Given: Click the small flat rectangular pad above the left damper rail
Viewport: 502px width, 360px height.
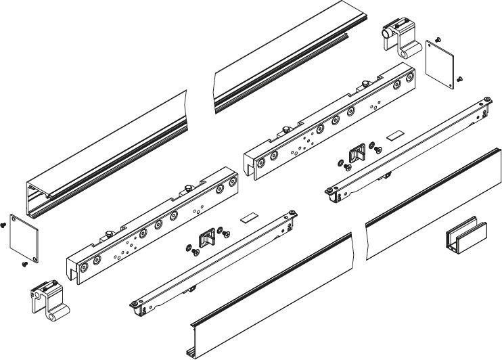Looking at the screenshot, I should [x=249, y=219].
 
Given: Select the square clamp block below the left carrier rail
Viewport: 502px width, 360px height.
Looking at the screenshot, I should [x=206, y=239].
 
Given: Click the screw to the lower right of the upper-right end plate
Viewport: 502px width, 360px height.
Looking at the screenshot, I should [x=459, y=79].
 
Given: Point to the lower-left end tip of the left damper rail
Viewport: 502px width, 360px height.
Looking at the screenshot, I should [x=135, y=306].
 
